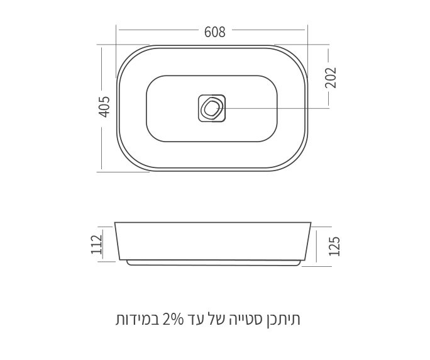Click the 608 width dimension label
(214, 31)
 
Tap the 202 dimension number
(331, 77)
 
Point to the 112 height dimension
(96, 244)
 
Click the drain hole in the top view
(212, 108)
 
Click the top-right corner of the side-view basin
(311, 223)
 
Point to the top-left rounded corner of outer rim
(128, 55)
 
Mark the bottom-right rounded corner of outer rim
(299, 161)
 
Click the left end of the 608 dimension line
(118, 30)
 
